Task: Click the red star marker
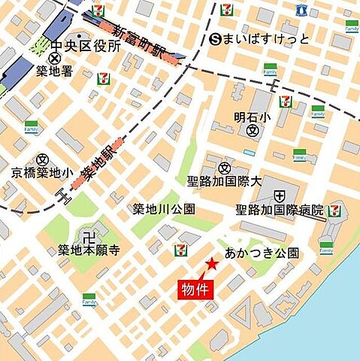(213, 263)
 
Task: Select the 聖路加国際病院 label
(280, 210)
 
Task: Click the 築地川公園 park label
(164, 209)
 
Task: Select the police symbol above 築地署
(55, 58)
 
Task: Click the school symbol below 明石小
(253, 131)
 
